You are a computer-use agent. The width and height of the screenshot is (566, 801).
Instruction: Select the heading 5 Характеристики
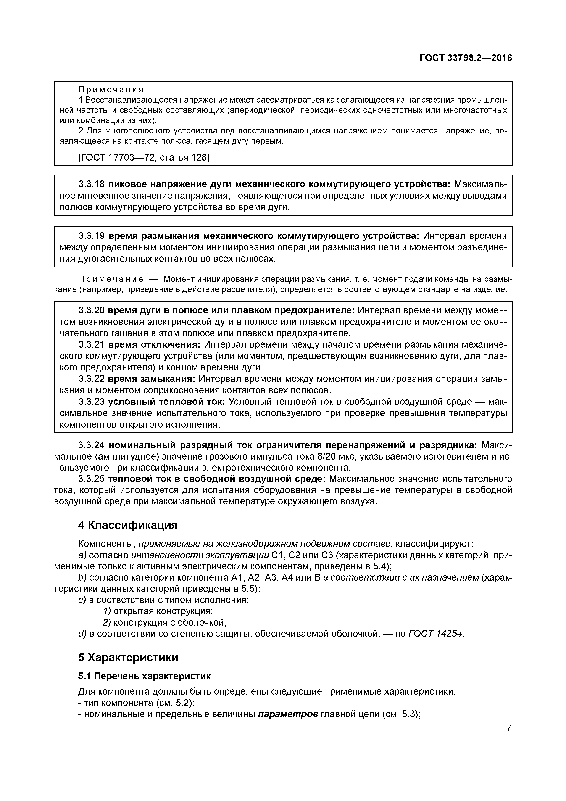[128, 657]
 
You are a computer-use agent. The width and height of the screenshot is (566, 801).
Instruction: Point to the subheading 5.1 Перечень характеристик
[144, 676]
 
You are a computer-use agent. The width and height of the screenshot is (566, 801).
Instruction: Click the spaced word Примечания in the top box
[111, 90]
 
